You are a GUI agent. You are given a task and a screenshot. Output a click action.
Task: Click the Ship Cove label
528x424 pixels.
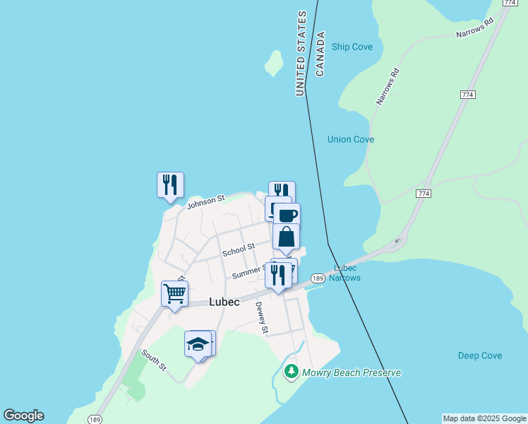(352, 47)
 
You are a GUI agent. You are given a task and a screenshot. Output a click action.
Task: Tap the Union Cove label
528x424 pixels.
(351, 139)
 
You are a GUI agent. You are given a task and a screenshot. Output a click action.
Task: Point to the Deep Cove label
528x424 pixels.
(480, 355)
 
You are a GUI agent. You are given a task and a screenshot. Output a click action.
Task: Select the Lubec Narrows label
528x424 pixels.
(345, 273)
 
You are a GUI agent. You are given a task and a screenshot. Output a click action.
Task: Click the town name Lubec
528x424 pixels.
(224, 302)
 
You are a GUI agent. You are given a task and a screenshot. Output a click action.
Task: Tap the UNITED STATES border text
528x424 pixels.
(301, 54)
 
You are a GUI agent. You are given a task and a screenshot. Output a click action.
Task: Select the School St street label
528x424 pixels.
(238, 249)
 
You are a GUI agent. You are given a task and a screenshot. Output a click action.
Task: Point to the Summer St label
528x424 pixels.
(249, 271)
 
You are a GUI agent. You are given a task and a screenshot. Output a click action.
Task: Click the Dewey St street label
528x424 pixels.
(261, 317)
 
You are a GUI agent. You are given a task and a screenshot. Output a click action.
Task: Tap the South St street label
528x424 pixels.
(152, 360)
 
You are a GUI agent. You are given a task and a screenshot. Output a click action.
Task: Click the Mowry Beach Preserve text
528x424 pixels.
(352, 372)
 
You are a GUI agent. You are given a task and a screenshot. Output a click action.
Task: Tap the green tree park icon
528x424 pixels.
(291, 371)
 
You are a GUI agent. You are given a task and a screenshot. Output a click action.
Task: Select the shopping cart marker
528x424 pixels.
(174, 293)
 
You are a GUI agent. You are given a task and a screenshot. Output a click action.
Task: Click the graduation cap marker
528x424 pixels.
(198, 344)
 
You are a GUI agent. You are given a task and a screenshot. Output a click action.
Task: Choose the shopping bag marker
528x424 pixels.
(286, 237)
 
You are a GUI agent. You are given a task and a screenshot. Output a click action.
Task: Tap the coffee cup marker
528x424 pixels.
(287, 215)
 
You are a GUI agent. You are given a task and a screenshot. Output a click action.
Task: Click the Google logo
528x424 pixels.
(23, 416)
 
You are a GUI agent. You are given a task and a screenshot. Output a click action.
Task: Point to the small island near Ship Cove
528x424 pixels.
(273, 63)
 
